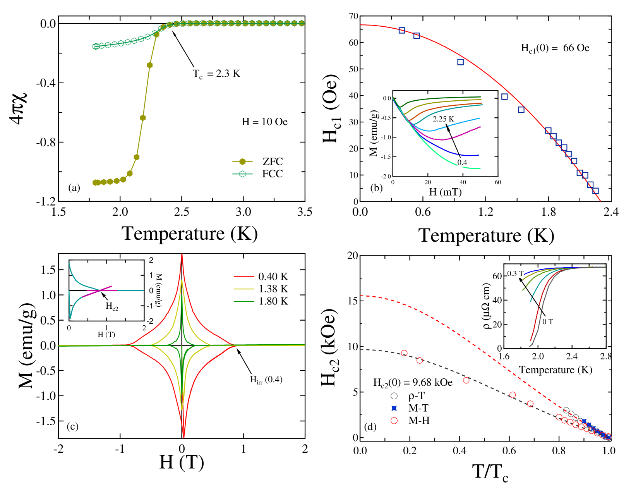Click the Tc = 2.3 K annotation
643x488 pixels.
click(218, 74)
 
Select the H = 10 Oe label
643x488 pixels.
click(264, 122)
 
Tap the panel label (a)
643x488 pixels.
click(74, 187)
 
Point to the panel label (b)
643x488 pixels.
click(376, 187)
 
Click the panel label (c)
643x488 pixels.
click(73, 426)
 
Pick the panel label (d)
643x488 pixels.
click(370, 426)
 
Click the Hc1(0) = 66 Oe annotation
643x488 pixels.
click(555, 48)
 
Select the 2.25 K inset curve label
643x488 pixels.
click(443, 119)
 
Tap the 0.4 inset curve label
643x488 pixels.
click(462, 162)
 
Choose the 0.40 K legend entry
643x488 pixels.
click(260, 277)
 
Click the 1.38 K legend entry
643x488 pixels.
click(260, 289)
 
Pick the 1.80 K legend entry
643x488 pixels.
click(260, 301)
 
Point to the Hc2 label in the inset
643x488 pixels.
click(112, 306)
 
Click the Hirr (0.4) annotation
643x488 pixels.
click(266, 380)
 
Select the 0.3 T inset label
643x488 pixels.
click(515, 273)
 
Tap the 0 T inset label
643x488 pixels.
click(547, 321)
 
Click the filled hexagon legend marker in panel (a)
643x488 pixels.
click(242, 162)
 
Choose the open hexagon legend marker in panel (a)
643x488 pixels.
click(242, 174)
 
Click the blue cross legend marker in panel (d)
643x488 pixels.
click(394, 408)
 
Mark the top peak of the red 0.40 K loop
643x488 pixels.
click(182, 254)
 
